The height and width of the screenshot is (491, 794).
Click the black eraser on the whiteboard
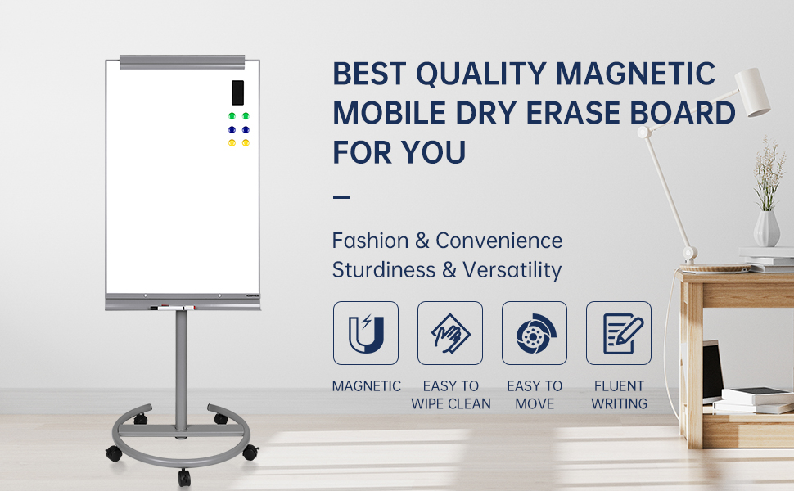[237, 92]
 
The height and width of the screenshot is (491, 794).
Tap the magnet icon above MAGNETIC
[366, 333]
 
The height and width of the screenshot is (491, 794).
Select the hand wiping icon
[450, 333]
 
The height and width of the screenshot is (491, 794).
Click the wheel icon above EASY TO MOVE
[535, 334]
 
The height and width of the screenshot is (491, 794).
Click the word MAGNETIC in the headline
[635, 74]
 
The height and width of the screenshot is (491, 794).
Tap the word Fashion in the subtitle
[370, 241]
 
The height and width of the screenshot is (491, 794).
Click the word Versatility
[512, 270]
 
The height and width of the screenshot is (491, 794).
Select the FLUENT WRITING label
[620, 394]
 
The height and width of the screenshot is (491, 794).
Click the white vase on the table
[767, 229]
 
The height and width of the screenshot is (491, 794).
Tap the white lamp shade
[752, 92]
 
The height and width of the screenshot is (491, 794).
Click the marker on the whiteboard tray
[173, 307]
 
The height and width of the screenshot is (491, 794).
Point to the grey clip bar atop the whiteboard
[183, 61]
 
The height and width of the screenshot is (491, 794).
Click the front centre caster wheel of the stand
[184, 477]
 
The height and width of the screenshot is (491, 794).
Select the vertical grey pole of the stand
[181, 371]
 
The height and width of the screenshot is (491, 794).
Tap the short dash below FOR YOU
[341, 196]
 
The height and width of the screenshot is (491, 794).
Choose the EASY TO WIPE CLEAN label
[451, 394]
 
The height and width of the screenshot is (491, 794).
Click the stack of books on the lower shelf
[754, 400]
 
